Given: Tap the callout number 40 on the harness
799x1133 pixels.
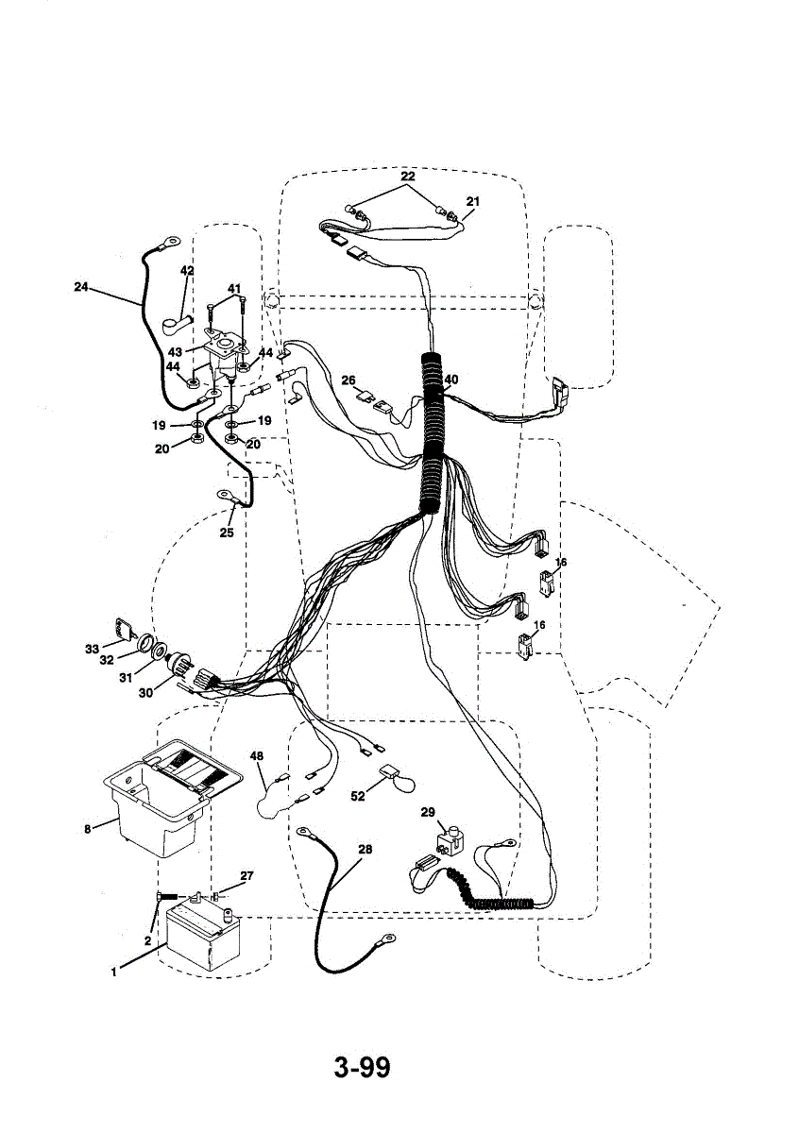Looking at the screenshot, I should [x=451, y=380].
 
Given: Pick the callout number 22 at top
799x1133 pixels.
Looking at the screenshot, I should [x=407, y=177].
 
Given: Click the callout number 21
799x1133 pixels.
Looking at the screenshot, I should [x=473, y=201].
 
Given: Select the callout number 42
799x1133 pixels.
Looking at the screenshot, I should [x=187, y=271].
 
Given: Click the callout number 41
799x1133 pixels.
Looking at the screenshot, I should [x=233, y=288].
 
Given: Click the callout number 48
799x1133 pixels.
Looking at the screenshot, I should [x=257, y=755].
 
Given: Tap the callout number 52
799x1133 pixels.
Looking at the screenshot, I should [x=357, y=796].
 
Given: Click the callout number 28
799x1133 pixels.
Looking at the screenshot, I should [x=365, y=849].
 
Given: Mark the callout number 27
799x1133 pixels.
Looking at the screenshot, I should [x=246, y=876].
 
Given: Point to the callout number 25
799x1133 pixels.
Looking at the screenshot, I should [x=226, y=533].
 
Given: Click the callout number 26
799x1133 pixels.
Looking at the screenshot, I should [x=348, y=380].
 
